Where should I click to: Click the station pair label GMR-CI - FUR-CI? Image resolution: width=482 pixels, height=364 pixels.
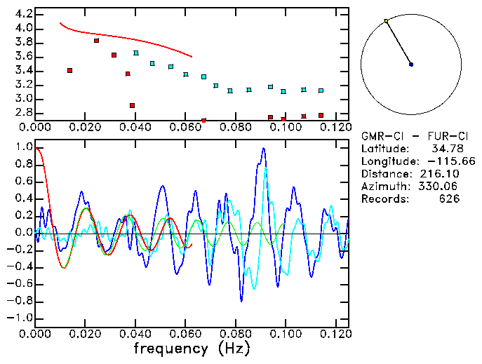point(409,135)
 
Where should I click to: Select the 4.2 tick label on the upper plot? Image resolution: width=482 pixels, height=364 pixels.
point(23,14)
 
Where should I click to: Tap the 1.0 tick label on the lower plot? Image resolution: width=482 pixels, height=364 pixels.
point(23,147)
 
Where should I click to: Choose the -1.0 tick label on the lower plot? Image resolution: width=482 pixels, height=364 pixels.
point(21,318)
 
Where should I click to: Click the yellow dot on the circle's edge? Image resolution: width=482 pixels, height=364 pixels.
point(386,21)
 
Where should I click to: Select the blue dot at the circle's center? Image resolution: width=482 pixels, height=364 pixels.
point(411,65)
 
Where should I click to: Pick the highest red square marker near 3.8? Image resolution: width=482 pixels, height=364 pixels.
point(97,41)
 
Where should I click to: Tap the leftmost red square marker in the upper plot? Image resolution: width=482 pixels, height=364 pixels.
point(69,70)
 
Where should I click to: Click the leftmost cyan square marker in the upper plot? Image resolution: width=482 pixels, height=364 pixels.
point(136,53)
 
